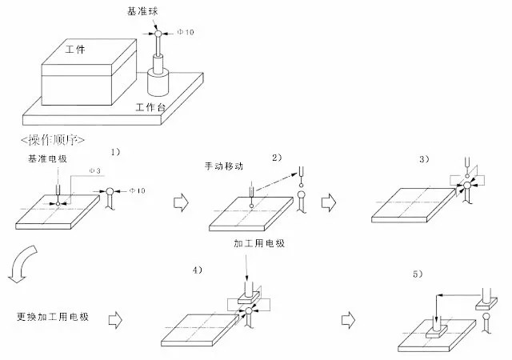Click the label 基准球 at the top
(142, 11)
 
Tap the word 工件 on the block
(75, 50)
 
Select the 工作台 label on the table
(150, 107)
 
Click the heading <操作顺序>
(53, 140)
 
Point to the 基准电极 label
(48, 158)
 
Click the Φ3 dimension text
(94, 170)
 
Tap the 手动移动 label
(224, 166)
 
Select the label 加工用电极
(259, 243)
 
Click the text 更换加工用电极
(53, 317)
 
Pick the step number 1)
(115, 152)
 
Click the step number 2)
(277, 158)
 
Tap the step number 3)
(424, 159)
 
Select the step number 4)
(198, 270)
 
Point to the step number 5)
(418, 274)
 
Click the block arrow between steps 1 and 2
(181, 202)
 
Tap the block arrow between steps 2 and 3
(329, 202)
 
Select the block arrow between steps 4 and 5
(348, 320)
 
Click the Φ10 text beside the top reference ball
(186, 32)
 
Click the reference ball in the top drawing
(158, 34)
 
